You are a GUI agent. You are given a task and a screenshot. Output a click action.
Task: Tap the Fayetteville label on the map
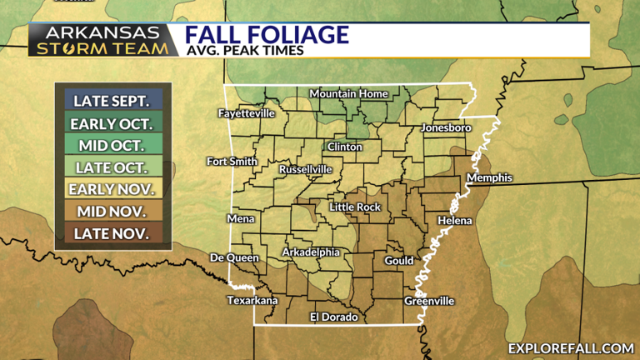pos(246,112)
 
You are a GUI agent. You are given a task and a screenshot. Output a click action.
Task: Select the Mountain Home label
pos(349,93)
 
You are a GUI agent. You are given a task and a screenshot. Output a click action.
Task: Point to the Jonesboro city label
pos(447,128)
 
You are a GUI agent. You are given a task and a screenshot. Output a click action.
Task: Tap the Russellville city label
pos(306,169)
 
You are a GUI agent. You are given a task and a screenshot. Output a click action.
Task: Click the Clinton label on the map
pos(346,147)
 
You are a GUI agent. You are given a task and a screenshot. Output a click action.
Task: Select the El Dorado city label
pos(333,317)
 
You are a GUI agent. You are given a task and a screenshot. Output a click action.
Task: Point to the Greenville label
pos(429,301)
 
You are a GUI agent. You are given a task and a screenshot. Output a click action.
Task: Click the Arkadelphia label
pos(311,252)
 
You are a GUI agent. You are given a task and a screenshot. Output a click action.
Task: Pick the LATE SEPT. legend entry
pos(112,102)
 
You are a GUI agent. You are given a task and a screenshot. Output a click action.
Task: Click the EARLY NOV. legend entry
pos(112,189)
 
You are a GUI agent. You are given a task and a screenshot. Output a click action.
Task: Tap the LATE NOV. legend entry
pos(112,233)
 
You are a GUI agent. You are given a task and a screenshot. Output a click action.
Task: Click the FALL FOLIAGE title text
pos(266,35)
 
